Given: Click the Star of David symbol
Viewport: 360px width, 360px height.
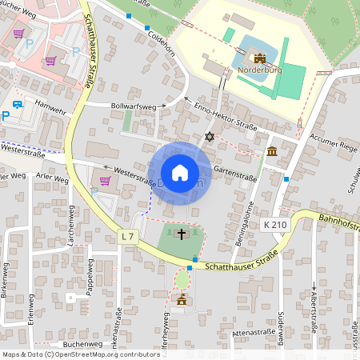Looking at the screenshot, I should click(x=210, y=138).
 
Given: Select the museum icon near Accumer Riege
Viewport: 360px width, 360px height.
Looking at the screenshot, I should click(x=272, y=151).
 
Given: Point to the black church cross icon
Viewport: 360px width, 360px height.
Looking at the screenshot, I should click(x=182, y=234).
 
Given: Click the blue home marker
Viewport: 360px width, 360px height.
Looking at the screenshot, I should click(x=180, y=173).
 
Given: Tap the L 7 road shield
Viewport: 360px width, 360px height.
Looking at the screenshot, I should click(x=127, y=236).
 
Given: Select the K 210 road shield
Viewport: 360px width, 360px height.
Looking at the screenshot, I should click(x=274, y=226).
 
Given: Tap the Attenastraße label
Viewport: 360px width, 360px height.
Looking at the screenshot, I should click(x=252, y=331).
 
